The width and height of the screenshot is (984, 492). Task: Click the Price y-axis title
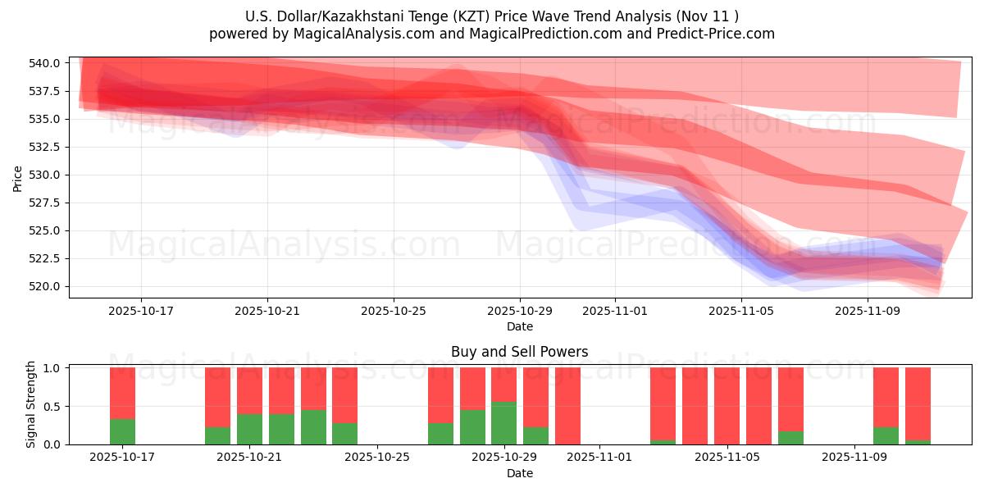pos(18,177)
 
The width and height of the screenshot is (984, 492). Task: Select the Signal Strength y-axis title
pos(31,404)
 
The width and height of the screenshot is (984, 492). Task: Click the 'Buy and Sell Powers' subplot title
pos(519,352)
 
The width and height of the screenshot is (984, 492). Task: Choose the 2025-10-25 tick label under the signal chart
pos(376,458)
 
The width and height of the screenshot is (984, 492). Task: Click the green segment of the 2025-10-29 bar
pos(503,423)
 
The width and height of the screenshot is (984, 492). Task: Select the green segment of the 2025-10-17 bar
pos(122,432)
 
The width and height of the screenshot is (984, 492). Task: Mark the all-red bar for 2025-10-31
pos(567,406)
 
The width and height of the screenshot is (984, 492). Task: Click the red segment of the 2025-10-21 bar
pos(249,390)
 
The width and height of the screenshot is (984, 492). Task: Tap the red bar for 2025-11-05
pos(727,406)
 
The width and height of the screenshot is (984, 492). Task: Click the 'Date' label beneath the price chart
pos(519,326)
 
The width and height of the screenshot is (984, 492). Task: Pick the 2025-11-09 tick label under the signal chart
pos(854,458)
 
